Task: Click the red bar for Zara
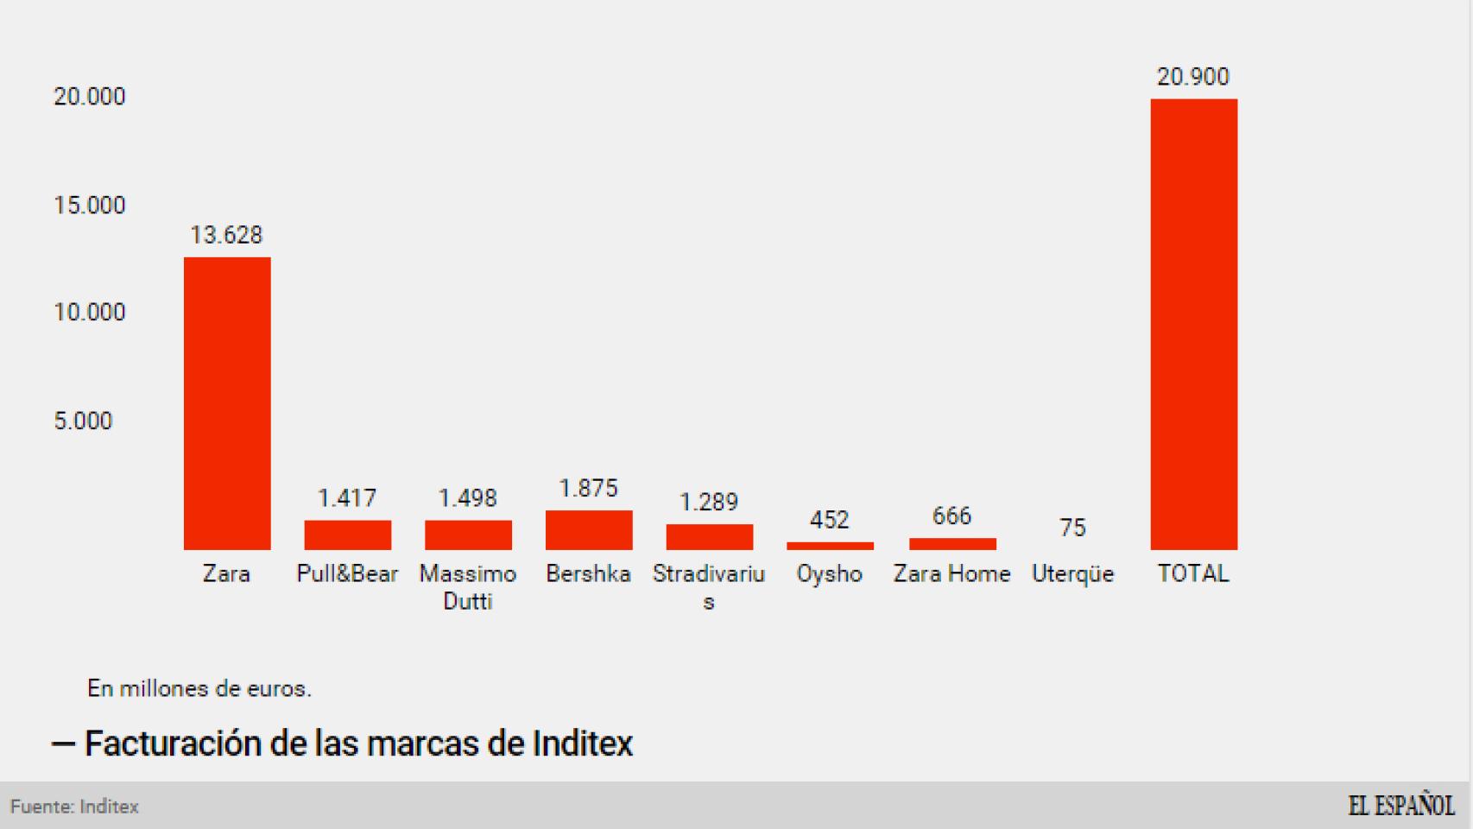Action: click(x=227, y=403)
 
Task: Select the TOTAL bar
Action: click(x=1193, y=324)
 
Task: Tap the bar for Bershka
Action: click(x=589, y=530)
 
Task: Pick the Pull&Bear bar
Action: click(x=347, y=535)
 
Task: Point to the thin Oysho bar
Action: click(x=830, y=546)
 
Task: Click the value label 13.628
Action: click(x=226, y=235)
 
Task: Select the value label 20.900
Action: click(x=1192, y=77)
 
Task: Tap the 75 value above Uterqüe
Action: click(x=1072, y=528)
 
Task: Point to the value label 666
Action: click(x=951, y=516)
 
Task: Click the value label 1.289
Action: click(x=709, y=503)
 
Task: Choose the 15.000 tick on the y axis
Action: click(x=90, y=206)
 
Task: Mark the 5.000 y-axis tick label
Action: click(x=83, y=421)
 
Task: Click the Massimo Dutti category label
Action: click(x=468, y=587)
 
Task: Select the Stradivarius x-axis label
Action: click(x=709, y=586)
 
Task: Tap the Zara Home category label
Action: click(x=951, y=574)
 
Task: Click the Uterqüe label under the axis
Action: click(x=1072, y=574)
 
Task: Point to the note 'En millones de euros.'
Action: click(x=199, y=689)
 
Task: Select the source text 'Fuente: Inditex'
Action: click(x=75, y=807)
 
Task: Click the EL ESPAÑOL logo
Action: click(x=1401, y=806)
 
